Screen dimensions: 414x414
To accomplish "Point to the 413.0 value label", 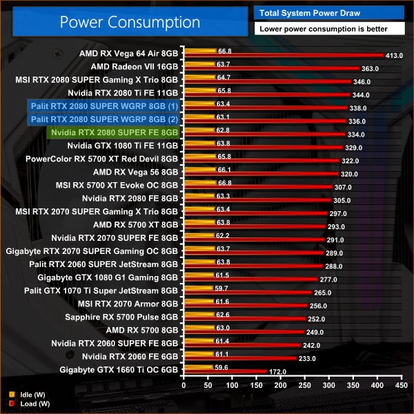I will pos(394,55).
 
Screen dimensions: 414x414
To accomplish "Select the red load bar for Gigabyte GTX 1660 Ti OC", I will pos(225,371).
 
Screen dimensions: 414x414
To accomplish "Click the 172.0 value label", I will pos(277,371).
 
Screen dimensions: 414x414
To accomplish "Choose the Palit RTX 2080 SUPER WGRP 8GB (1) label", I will pos(103,106).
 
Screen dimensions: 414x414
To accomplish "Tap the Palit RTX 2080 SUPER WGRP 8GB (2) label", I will pos(103,119).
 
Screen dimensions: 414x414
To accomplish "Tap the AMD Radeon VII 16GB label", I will pos(135,66).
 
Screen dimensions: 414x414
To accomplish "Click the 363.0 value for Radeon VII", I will pos(370,68).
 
